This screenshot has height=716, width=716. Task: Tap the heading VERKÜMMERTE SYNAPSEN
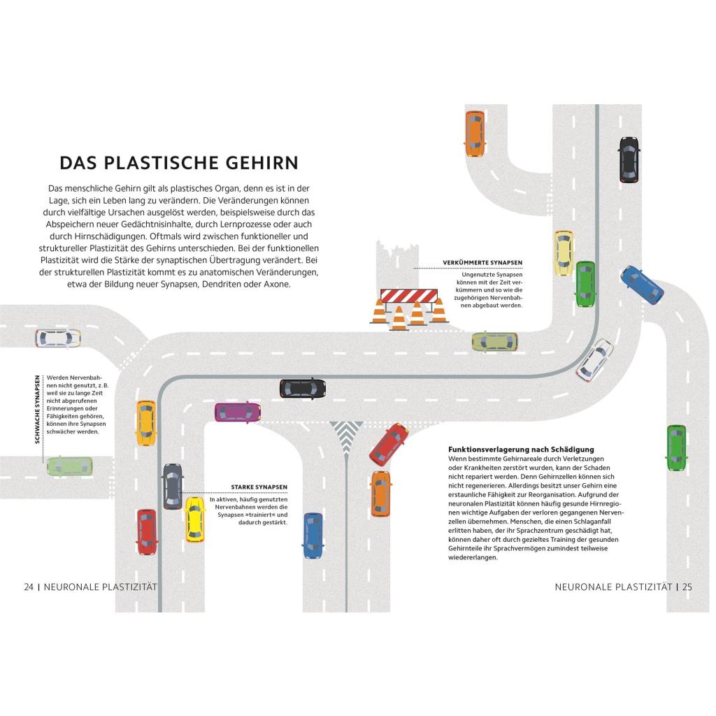coord(482,263)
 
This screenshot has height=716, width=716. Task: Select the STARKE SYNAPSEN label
coord(259,487)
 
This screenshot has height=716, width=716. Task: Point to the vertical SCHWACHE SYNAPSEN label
coord(38,409)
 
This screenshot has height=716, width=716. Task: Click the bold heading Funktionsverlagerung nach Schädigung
coord(521,450)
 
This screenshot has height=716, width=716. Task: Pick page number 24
coord(29,587)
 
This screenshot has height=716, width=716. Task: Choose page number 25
coord(687,587)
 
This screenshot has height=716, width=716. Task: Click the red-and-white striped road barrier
coord(408,296)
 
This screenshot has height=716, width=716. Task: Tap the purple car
coord(238,413)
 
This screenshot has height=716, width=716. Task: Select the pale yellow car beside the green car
coord(564,253)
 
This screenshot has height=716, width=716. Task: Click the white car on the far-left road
coord(58,338)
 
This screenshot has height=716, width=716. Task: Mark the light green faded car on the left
coord(70,466)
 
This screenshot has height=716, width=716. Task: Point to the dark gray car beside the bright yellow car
coord(173,487)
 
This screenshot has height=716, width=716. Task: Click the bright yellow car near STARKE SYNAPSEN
coord(195,520)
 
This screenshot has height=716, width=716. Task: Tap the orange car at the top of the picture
coord(475,134)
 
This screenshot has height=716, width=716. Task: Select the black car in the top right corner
coord(629,160)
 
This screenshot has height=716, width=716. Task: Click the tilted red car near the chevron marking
coord(389,444)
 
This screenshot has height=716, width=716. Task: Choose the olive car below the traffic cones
coord(494,341)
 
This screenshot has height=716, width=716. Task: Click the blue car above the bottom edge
coord(313,536)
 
